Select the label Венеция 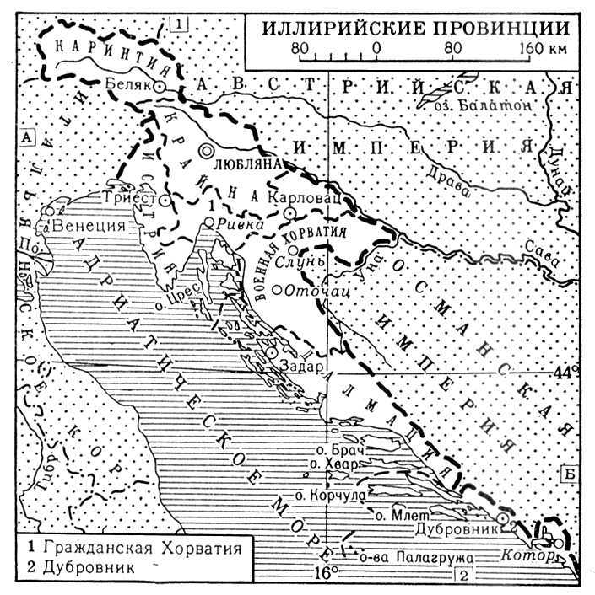point(89,227)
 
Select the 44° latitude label point(567,371)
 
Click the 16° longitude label point(327,574)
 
